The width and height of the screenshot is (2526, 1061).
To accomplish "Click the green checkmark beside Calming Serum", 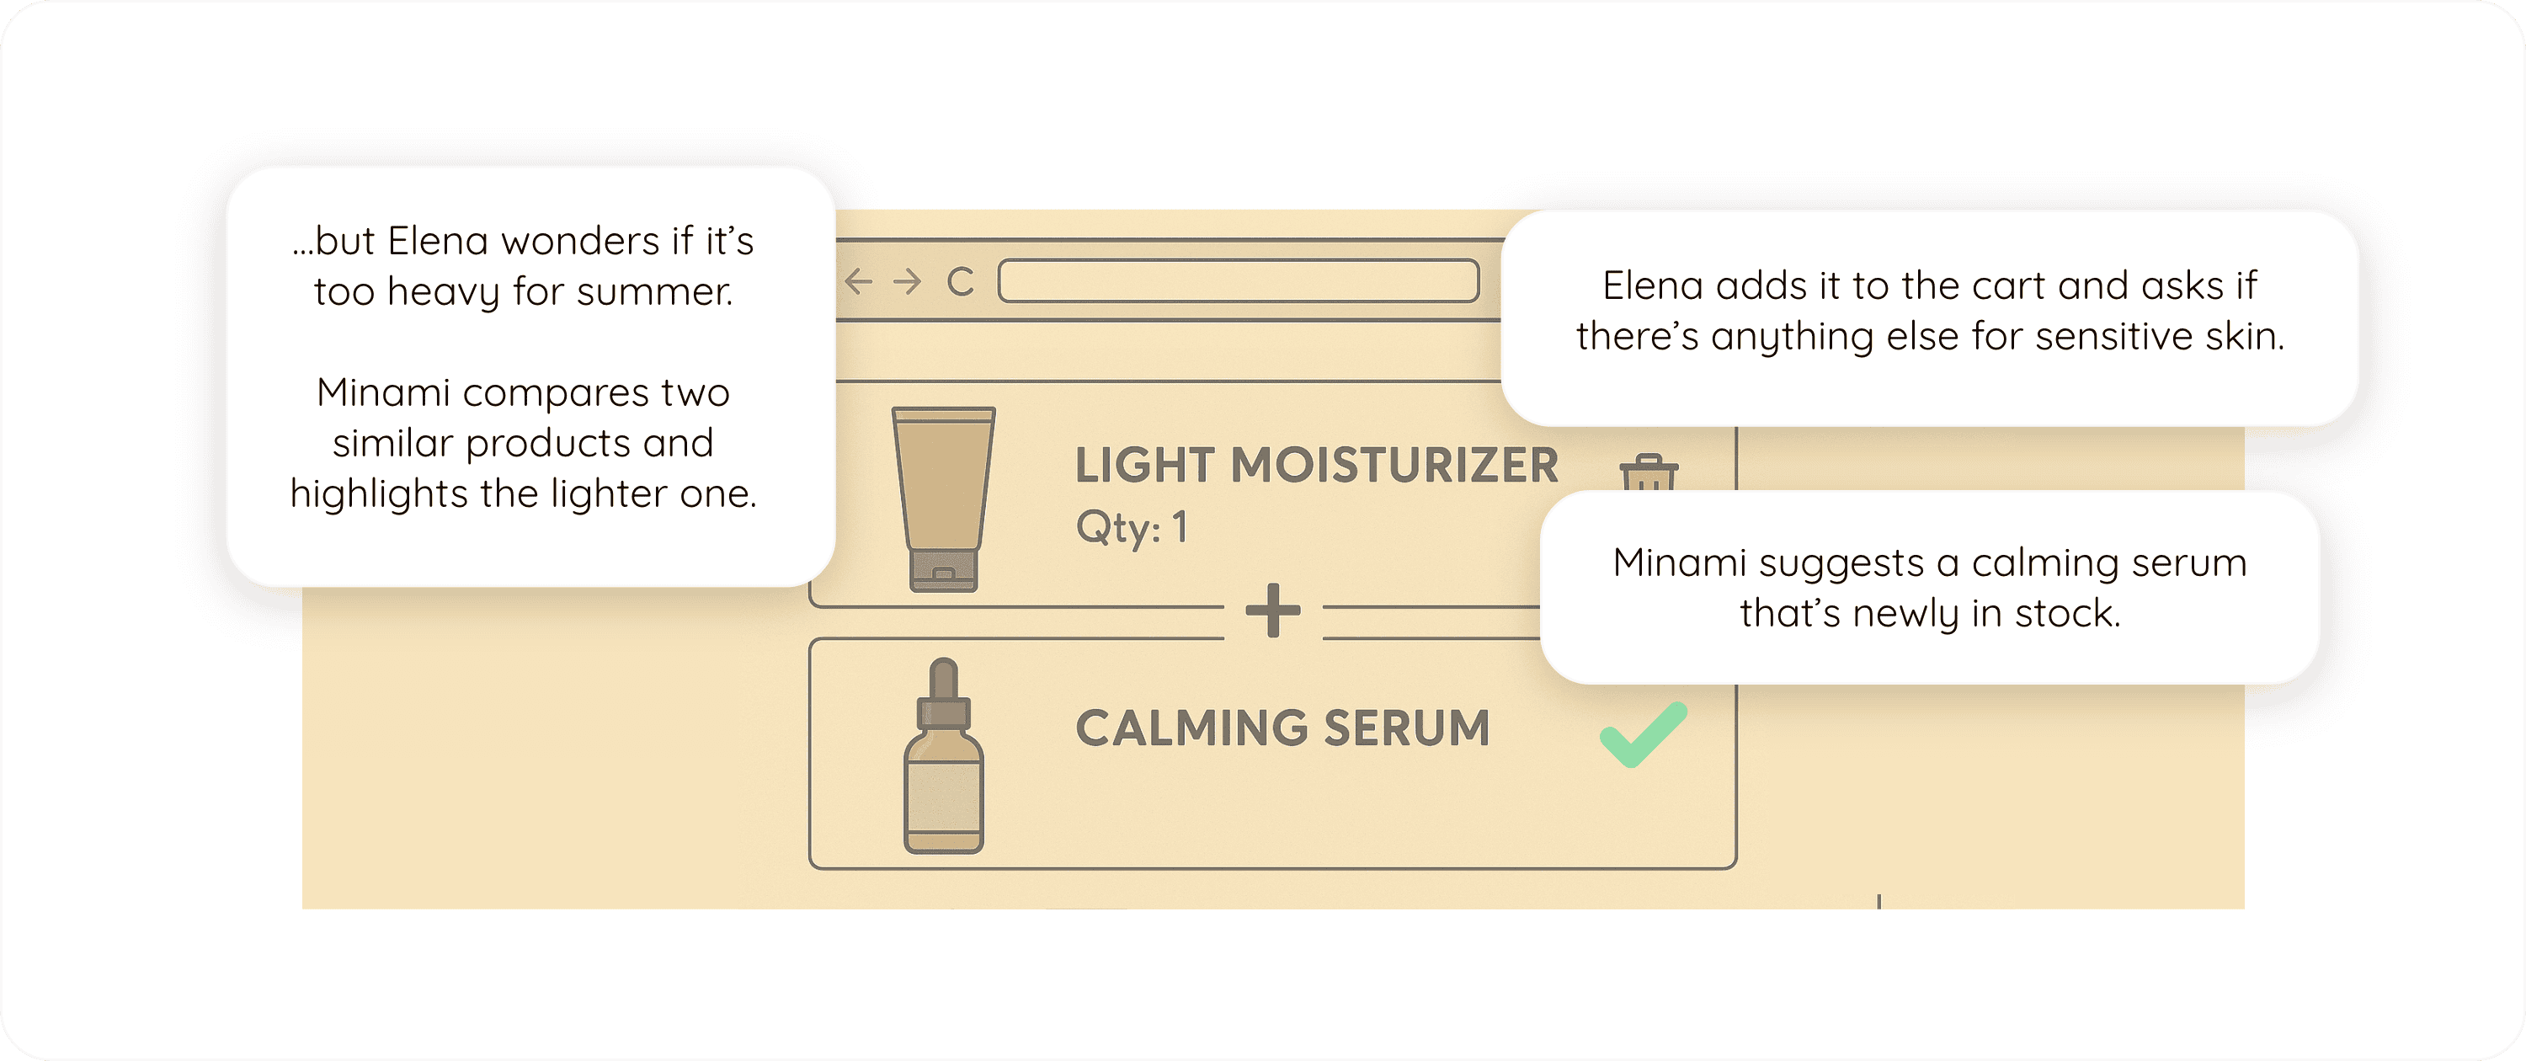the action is pyautogui.click(x=1642, y=735).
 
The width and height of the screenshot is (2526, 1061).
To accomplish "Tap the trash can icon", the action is pyautogui.click(x=1649, y=472).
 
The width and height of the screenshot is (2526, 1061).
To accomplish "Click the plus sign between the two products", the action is pyautogui.click(x=1273, y=610).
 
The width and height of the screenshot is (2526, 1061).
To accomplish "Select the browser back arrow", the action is pyautogui.click(x=858, y=281).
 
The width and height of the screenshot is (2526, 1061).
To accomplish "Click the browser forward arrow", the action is pyautogui.click(x=908, y=281).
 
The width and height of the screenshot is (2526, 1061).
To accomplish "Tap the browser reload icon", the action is pyautogui.click(x=960, y=281).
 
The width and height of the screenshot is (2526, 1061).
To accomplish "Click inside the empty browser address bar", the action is pyautogui.click(x=1239, y=280).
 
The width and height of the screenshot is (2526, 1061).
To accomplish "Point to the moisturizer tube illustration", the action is pyautogui.click(x=943, y=499).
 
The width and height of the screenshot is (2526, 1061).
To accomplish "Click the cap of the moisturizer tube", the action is pyautogui.click(x=943, y=571).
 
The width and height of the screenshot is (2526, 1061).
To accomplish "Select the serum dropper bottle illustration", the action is pyautogui.click(x=943, y=755).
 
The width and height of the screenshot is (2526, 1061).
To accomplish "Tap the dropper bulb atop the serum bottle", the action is pyautogui.click(x=943, y=679).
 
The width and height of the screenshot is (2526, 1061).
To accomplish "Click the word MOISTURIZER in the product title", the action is pyautogui.click(x=1394, y=465).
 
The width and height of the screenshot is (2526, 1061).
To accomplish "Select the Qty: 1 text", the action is pyautogui.click(x=1132, y=528).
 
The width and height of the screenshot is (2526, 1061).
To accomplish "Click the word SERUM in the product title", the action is pyautogui.click(x=1406, y=728).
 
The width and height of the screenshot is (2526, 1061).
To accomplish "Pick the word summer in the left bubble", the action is pyautogui.click(x=655, y=291).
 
